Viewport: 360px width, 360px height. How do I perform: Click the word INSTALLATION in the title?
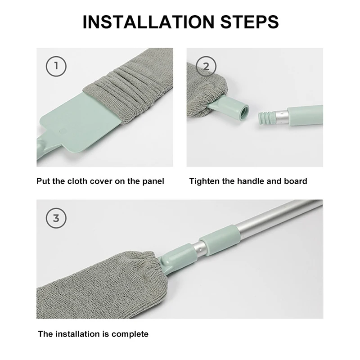[x=148, y=22]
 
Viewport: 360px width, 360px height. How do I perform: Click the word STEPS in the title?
[x=249, y=22]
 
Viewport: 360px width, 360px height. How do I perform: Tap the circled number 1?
[x=56, y=66]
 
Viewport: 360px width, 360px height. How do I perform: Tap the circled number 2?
[x=206, y=66]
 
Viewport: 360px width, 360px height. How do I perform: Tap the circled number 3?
[x=56, y=218]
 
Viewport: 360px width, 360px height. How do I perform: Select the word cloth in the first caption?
[x=77, y=181]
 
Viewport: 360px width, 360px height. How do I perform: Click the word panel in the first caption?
[x=153, y=182]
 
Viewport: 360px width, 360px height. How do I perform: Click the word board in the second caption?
[x=296, y=181]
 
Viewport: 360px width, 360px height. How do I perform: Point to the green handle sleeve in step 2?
[x=305, y=116]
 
